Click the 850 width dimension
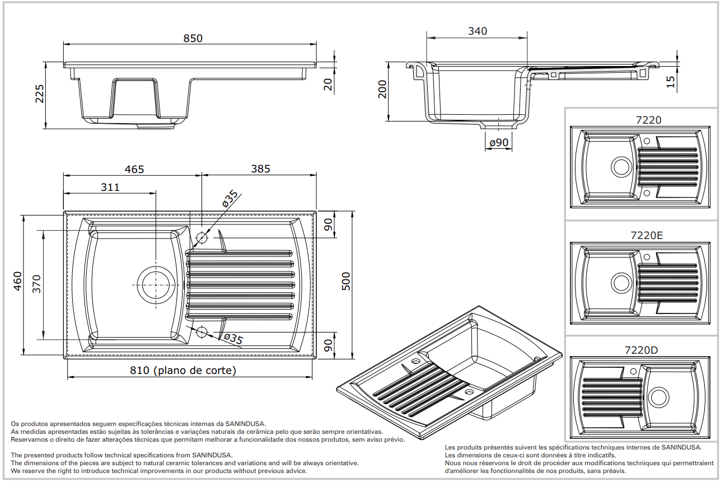point(193,39)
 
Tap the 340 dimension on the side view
point(477,31)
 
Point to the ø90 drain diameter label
point(498,143)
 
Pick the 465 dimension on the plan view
point(134,169)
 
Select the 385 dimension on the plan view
point(260,169)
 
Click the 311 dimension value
point(110,187)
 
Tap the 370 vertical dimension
point(36,284)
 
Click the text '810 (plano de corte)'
point(183,371)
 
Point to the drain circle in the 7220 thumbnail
point(620,167)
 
